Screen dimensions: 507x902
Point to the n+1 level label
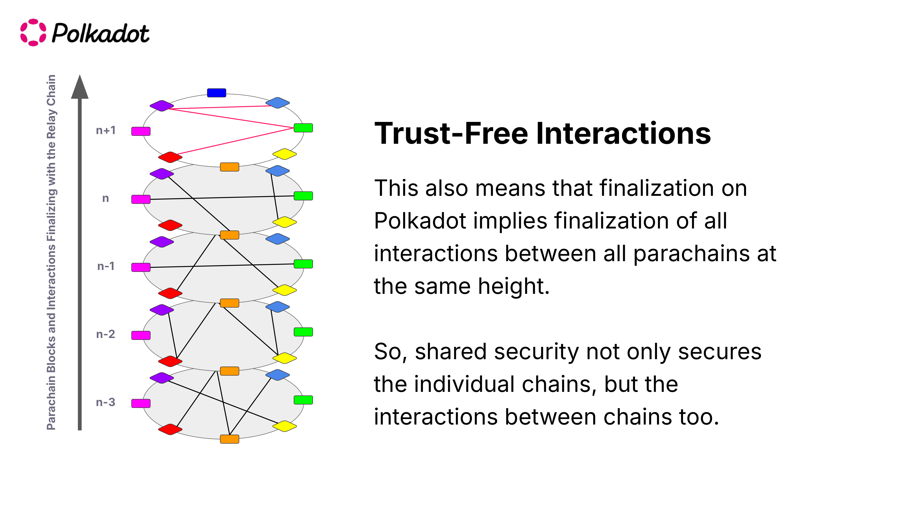106,130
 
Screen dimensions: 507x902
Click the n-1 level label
106,266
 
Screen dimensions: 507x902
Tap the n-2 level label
106,334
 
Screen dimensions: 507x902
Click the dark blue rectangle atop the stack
216,93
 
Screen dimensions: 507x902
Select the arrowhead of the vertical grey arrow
80,87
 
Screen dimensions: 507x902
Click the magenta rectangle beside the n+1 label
141,131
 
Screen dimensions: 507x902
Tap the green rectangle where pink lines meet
303,128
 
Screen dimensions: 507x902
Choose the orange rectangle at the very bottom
229,439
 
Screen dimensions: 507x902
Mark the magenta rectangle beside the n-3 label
141,403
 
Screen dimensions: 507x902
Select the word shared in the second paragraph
451,352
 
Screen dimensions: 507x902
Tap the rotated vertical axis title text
51,252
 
